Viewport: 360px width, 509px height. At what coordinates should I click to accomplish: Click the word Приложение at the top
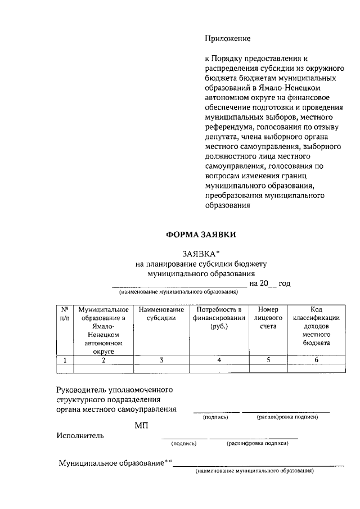pos(227,39)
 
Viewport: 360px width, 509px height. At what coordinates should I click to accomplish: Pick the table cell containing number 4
pos(218,361)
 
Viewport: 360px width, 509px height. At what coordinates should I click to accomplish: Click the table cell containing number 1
pos(65,361)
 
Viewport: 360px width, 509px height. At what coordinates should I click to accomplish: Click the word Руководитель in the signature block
pos(81,389)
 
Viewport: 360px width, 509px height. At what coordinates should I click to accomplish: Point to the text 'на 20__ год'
pos(269,283)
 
